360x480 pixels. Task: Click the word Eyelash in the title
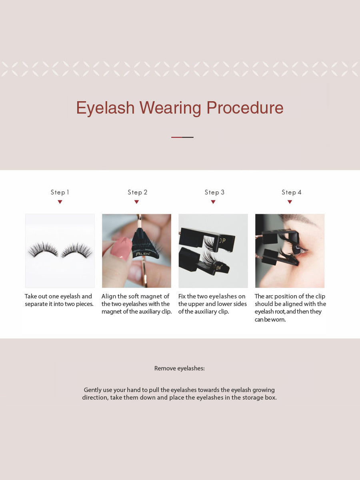tap(105, 108)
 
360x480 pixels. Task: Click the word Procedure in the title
tap(245, 108)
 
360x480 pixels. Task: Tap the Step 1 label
tap(60, 192)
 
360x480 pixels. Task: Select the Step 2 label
tap(138, 192)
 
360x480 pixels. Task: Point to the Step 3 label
tap(214, 192)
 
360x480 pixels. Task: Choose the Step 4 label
tap(292, 192)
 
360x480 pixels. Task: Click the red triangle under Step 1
tap(60, 202)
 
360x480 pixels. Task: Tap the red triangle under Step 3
tap(213, 202)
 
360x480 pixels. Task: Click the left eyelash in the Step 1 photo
tap(43, 250)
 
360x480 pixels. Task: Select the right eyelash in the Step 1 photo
tap(77, 250)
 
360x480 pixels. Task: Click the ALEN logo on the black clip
tap(142, 254)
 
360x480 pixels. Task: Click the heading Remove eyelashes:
tap(180, 368)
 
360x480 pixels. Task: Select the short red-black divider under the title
tap(182, 137)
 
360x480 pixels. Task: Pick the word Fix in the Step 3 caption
tap(183, 296)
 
